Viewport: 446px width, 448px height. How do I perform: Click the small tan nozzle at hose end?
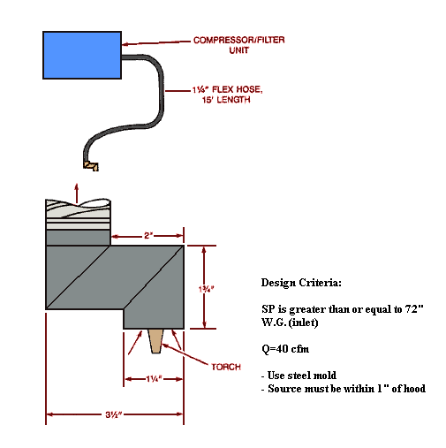coord(90,164)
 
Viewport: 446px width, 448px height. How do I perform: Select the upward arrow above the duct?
coord(76,188)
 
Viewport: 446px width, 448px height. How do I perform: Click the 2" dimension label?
coord(146,236)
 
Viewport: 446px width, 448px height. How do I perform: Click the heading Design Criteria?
coord(300,284)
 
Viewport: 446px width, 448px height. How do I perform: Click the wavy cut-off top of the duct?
coord(79,206)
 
